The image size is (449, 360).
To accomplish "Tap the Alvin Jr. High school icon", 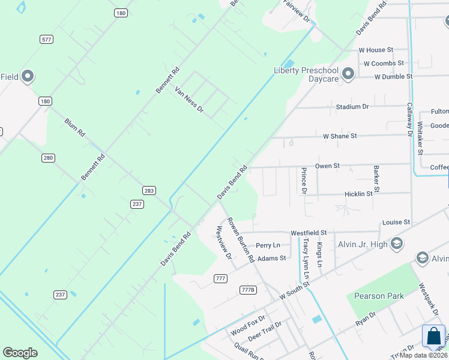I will coord(396,243).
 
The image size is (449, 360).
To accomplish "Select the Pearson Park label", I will coord(379,295).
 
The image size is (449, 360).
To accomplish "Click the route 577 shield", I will coord(47,39).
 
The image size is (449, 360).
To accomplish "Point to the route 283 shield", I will coord(149,190).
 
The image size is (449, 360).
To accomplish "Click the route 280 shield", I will coord(49,158).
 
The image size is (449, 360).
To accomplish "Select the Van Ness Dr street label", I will coord(189,100).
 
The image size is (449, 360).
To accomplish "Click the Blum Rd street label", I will coord(74,128).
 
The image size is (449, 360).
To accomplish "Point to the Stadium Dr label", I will coord(352,106).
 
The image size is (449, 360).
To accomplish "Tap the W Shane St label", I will coord(340,136).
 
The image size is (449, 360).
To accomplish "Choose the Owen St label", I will coord(327,166).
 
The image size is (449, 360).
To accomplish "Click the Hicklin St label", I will coord(358,194).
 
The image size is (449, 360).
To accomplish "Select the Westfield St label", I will coord(308,232).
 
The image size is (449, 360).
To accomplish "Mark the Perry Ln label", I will coord(268,245).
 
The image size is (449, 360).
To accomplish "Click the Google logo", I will coord(20,353).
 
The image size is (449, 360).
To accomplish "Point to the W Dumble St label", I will coord(393,77).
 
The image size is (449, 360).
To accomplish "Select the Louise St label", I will coord(396,222).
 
